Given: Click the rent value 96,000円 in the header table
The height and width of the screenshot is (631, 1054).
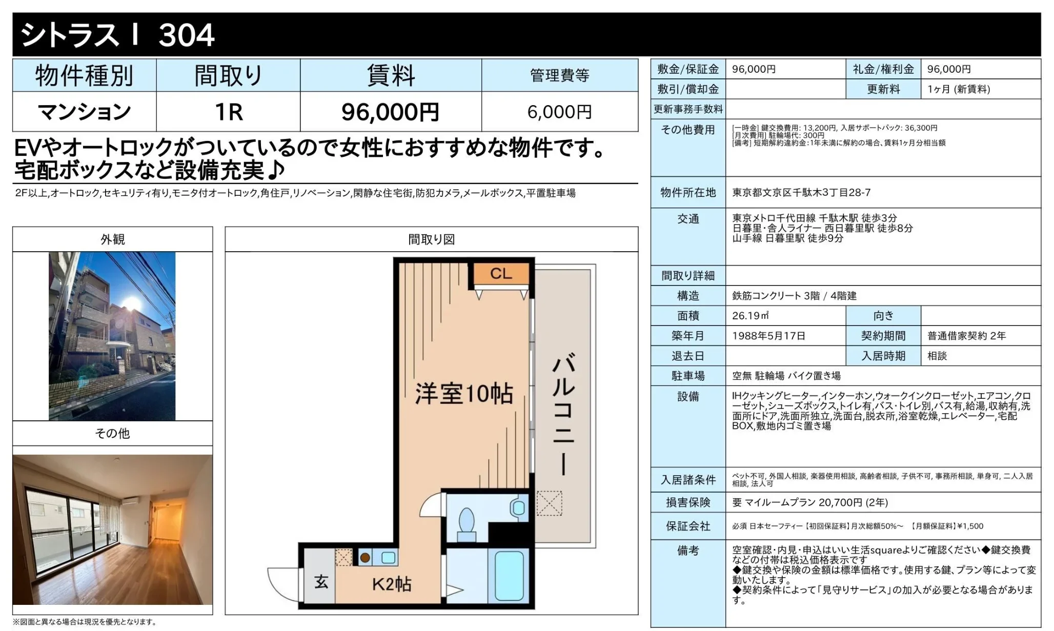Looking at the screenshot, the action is pos(390,112).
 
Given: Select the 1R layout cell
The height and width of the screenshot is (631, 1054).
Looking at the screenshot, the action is pos(229,112).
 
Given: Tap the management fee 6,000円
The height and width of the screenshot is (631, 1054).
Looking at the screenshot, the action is pos(559,112).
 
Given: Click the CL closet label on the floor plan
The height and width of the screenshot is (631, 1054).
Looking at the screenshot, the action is pos(501,274).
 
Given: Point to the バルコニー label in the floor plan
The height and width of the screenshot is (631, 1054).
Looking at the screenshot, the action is pos(563,414).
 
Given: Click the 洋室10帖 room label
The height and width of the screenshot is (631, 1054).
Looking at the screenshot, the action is pos(464,394).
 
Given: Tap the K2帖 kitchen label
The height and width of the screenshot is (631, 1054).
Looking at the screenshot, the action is pos(392,584).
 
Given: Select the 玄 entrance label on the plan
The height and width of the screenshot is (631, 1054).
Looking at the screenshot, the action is pos(321,582).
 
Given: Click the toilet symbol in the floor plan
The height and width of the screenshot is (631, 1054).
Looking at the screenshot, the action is pos(467,523).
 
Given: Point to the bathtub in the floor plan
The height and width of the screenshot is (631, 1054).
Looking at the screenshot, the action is pos(509,576).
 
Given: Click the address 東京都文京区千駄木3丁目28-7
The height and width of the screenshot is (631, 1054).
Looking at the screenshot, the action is pos(801,193).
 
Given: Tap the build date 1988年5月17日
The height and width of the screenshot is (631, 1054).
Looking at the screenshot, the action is pos(768,336).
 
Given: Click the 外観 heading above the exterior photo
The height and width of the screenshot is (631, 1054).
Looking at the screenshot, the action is pos(113,239).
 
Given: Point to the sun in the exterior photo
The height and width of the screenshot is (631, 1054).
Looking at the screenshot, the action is pos(132,303).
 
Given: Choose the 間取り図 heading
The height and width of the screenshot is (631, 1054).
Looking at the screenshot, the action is pos(432,239).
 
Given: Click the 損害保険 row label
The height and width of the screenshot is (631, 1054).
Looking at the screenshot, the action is pos(688,502).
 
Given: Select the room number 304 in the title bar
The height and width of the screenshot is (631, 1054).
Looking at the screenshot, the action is pos(187,35).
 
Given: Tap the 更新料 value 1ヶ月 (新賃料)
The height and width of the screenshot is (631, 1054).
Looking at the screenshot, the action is pos(959,89).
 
